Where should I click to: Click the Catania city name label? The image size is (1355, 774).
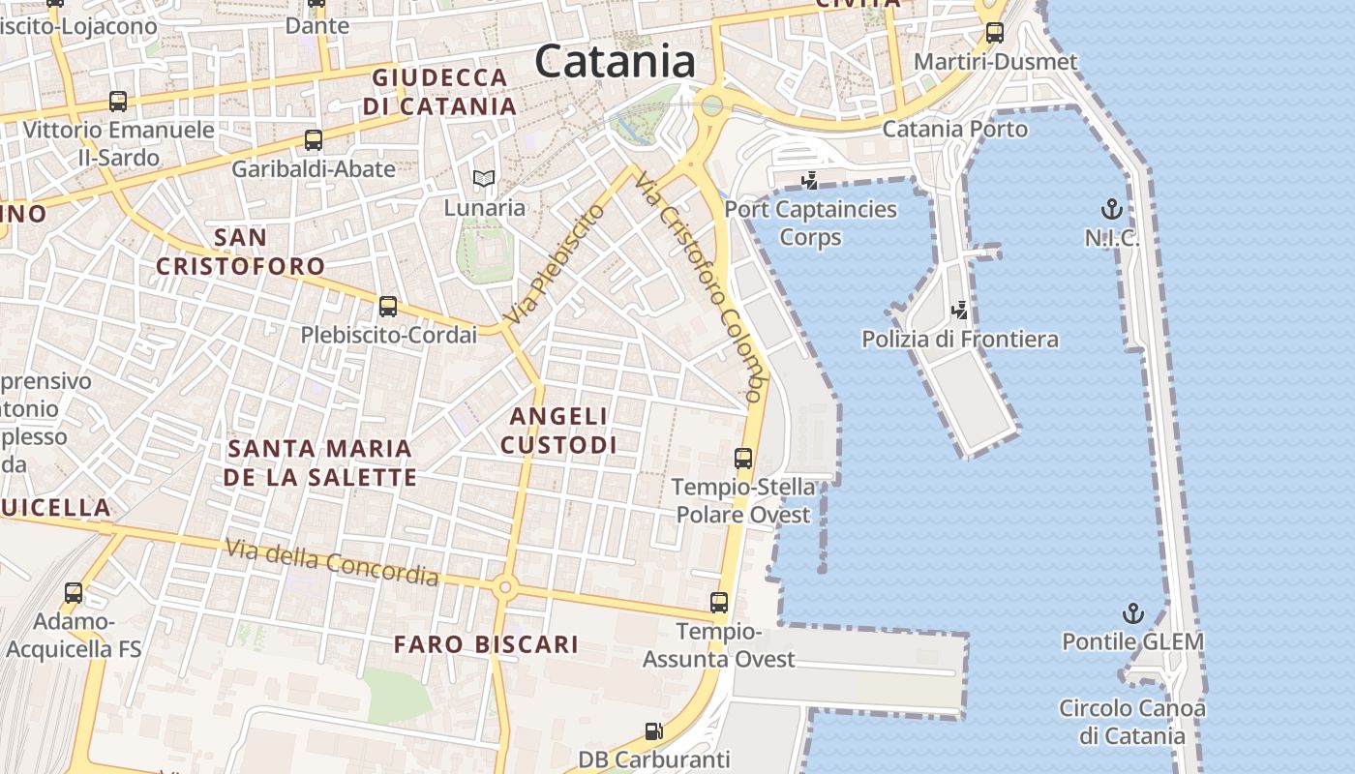coord(615,62)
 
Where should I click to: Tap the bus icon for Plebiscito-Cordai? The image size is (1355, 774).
coord(388,307)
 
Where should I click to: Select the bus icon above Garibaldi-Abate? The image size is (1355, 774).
coord(314,140)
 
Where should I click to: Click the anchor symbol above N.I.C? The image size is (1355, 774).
coord(1111,208)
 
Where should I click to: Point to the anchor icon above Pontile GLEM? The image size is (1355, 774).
coord(1132,613)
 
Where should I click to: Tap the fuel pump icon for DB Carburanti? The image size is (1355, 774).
coord(654,731)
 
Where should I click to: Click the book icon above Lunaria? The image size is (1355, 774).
coord(483,178)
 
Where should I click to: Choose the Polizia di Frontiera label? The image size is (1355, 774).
coord(960,340)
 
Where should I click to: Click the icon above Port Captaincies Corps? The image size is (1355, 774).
coord(810,180)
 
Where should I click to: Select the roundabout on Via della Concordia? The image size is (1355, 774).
coord(503,586)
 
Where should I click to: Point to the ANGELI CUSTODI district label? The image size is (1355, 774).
coord(559,431)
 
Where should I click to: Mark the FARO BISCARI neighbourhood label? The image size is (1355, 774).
coord(487,644)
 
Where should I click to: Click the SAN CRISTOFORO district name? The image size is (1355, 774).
coord(241,252)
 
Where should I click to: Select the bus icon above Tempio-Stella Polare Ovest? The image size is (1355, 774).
coord(743,459)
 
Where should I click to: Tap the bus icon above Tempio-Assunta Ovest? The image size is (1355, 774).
coord(719,603)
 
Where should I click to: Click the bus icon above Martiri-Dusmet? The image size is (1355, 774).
coord(995,33)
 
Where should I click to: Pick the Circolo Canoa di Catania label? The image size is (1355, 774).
coord(1132,722)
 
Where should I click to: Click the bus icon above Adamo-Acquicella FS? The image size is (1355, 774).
coord(74,593)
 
